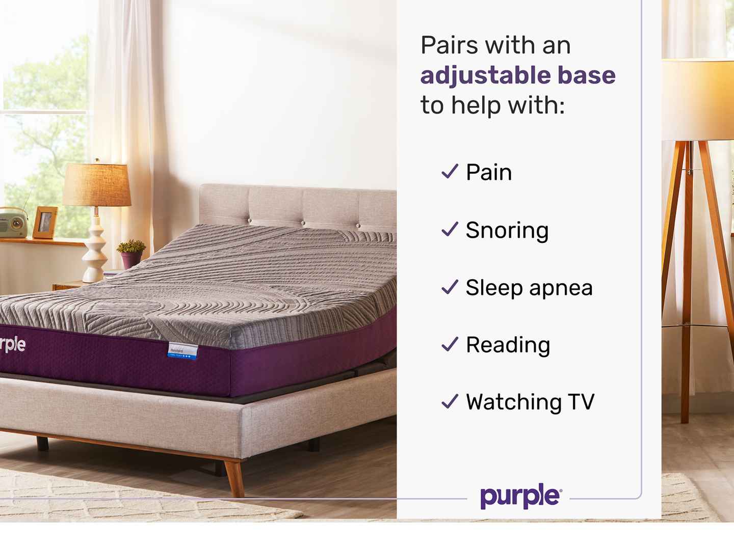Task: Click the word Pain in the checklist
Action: [488, 172]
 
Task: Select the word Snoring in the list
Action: [507, 230]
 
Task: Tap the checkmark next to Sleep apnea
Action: [450, 287]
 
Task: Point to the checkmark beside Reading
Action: [450, 344]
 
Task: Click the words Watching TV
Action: [530, 402]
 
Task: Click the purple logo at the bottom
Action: [520, 497]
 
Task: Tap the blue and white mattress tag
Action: [182, 351]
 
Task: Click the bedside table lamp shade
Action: [97, 185]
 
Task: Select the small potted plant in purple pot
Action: [131, 254]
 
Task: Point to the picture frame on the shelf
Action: [45, 223]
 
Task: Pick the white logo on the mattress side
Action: [12, 345]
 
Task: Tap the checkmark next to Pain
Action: [450, 172]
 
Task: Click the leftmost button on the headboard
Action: [249, 221]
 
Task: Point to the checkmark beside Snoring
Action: [450, 229]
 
